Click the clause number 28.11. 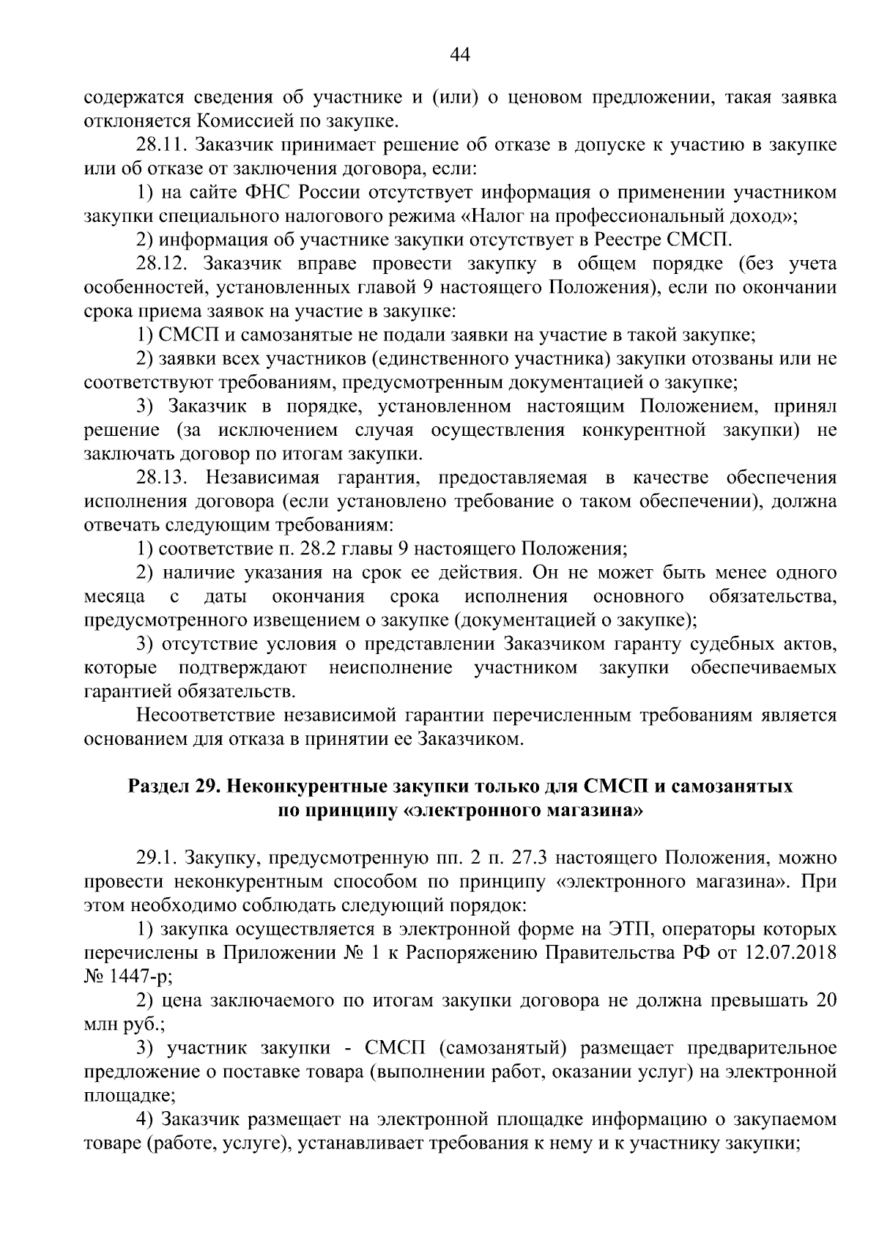pos(160,145)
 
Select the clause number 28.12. pos(160,264)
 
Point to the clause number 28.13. pos(161,478)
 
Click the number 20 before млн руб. pos(826,1001)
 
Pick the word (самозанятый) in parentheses pos(503,1048)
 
